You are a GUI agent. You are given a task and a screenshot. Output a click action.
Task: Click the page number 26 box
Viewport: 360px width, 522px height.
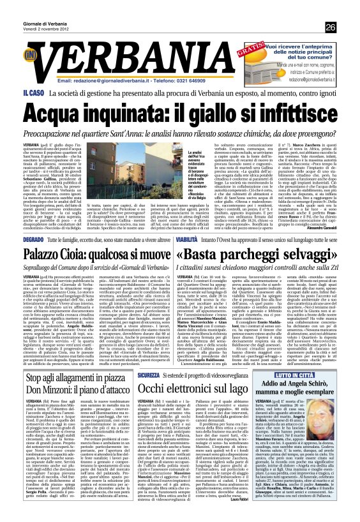330,27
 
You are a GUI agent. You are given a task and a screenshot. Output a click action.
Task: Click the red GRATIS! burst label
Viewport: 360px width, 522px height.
250,50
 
